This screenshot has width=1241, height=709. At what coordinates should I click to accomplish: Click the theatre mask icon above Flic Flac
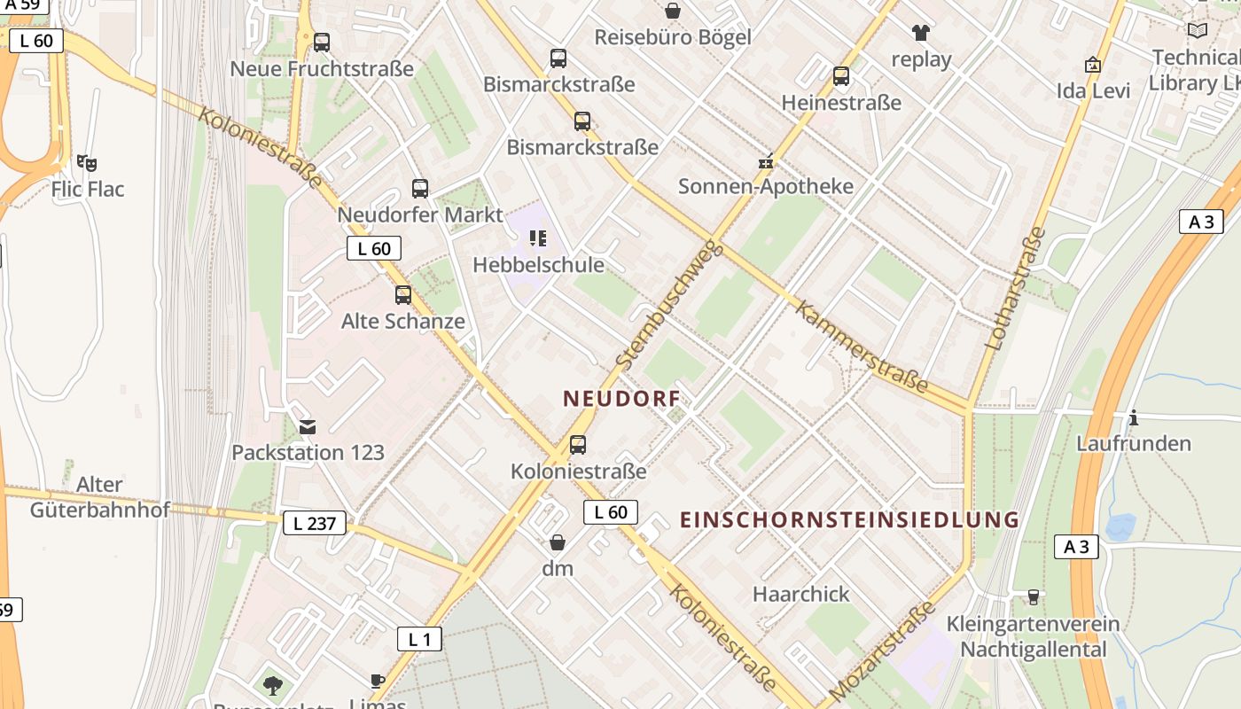[x=87, y=163]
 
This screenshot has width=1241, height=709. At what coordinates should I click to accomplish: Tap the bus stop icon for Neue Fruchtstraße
[x=322, y=42]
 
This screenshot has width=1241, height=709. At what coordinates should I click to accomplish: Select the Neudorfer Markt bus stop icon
[x=420, y=189]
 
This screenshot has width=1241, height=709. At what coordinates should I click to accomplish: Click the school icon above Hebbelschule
[x=537, y=238]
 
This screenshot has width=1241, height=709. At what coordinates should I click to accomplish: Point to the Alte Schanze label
[x=403, y=321]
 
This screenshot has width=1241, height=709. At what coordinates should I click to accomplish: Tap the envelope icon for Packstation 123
[x=307, y=427]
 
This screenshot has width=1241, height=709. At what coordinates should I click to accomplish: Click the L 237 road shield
[x=315, y=523]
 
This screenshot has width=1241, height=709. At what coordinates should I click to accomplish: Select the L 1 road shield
[x=419, y=638]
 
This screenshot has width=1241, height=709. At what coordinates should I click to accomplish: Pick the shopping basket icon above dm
[x=558, y=542]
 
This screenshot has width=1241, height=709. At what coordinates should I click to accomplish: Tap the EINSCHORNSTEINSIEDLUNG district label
[x=849, y=520]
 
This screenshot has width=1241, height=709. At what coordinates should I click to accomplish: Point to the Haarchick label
[x=801, y=594]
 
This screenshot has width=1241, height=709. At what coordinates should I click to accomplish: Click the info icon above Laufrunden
[x=1133, y=417]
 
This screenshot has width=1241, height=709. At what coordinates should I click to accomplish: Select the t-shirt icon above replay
[x=921, y=34]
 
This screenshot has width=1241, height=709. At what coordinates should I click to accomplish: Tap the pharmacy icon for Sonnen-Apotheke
[x=766, y=163]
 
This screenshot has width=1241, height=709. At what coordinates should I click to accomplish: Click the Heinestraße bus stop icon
[x=841, y=76]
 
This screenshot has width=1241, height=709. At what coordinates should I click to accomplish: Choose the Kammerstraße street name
[x=862, y=347]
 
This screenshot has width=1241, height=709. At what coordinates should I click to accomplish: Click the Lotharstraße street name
[x=1014, y=288]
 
